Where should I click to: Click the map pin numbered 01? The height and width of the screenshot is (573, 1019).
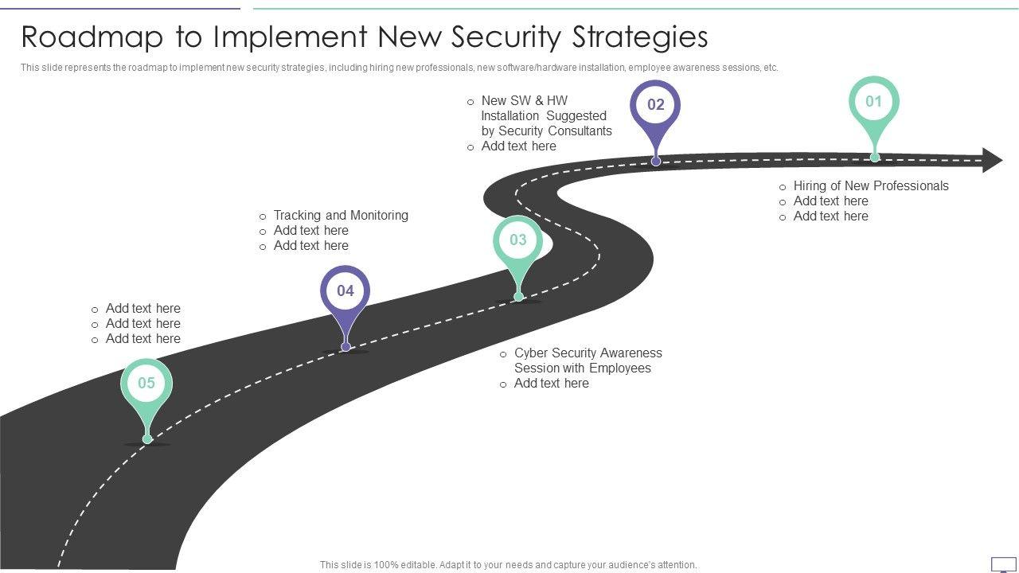pos(874,103)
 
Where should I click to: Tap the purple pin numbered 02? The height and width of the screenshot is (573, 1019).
pos(655,106)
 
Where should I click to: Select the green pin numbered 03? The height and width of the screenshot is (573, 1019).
pos(518,240)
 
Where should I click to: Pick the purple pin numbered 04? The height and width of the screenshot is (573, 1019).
pos(345,291)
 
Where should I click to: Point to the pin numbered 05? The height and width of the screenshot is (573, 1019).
pos(146,384)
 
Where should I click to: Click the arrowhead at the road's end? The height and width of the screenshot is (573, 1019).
pos(992,160)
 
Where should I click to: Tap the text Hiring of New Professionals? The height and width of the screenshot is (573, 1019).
pos(871,186)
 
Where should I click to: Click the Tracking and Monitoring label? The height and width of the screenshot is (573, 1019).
pos(341,216)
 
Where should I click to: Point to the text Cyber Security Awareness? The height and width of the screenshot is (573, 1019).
pos(588,353)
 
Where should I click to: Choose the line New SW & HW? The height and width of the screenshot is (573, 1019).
pos(524,101)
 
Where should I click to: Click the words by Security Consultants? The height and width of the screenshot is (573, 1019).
pos(546,131)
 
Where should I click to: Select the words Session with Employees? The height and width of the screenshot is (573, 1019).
pos(582,368)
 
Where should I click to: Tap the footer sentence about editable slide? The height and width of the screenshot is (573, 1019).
pos(508,565)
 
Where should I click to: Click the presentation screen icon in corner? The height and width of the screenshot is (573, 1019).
pos(1003,564)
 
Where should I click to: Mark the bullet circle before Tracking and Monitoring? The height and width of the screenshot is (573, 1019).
pos(263,216)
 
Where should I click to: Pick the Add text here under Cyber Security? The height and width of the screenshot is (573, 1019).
pos(551,384)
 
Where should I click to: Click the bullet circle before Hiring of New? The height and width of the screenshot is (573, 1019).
pos(783,187)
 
